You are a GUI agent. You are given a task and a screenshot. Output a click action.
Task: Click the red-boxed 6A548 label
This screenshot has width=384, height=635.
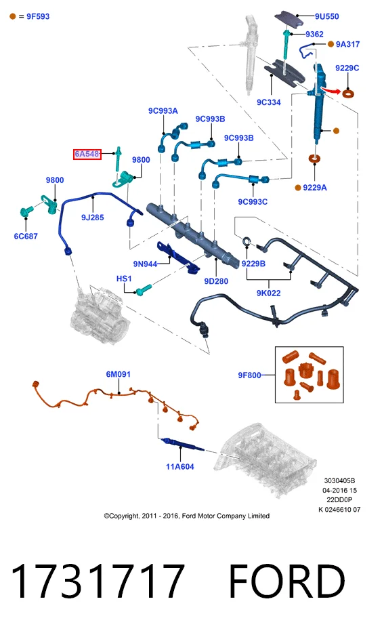pyautogui.click(x=87, y=154)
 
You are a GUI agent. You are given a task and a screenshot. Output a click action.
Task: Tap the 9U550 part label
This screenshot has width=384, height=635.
pyautogui.click(x=327, y=17)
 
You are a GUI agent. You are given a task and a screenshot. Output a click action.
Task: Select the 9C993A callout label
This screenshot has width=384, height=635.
pyautogui.click(x=163, y=111)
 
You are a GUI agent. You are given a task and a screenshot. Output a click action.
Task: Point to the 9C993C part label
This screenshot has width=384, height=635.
pyautogui.click(x=253, y=202)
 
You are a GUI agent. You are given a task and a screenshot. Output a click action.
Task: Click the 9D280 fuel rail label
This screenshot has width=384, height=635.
pyautogui.click(x=216, y=281)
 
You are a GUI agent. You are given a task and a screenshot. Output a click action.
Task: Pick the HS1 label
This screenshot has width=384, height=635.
pyautogui.click(x=124, y=279)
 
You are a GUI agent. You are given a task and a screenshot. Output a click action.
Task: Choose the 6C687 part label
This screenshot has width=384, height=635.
pyautogui.click(x=26, y=236)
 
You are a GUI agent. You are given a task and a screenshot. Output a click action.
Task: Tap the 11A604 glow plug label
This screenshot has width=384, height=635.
pyautogui.click(x=179, y=466)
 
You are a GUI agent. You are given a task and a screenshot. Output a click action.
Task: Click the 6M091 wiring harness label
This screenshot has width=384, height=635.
pyautogui.click(x=118, y=374)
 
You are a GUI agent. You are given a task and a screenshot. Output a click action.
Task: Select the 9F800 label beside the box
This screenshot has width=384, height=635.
pyautogui.click(x=249, y=375)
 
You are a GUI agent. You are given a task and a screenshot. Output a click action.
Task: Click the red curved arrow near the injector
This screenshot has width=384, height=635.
pyautogui.click(x=330, y=90)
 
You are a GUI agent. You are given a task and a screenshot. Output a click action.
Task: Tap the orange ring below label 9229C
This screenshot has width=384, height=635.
pyautogui.click(x=348, y=94)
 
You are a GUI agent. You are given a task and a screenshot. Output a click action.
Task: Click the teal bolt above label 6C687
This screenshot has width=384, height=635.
pyautogui.click(x=26, y=211)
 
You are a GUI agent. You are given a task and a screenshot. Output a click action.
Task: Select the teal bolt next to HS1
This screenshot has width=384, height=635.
pyautogui.click(x=144, y=289)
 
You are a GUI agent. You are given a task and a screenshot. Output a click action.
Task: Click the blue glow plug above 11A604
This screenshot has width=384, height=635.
pyautogui.click(x=182, y=445)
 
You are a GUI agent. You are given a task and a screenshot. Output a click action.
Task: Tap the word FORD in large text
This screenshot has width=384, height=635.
pyautogui.click(x=287, y=581)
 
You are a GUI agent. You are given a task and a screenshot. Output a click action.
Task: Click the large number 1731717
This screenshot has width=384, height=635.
pyautogui.click(x=98, y=581)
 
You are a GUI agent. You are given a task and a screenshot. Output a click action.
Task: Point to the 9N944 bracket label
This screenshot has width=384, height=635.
pyautogui.click(x=145, y=264)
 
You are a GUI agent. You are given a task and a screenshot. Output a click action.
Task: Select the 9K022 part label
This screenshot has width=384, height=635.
pyautogui.click(x=268, y=293)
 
